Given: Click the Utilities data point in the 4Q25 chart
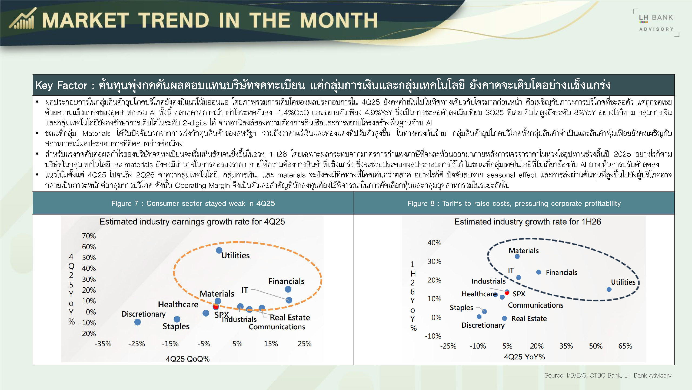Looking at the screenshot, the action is (x=219, y=250).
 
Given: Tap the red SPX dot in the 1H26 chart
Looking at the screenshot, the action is (x=507, y=292).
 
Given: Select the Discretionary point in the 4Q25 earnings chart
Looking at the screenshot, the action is (x=137, y=322).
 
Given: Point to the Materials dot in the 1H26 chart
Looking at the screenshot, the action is (x=517, y=256).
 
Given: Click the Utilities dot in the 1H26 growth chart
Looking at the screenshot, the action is (x=609, y=289).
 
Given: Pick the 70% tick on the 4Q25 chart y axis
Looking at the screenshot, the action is (x=89, y=236).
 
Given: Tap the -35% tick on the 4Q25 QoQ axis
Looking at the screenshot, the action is (x=103, y=344).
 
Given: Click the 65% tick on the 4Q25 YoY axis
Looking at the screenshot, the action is (x=625, y=346).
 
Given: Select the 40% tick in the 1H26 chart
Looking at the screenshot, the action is (x=434, y=243).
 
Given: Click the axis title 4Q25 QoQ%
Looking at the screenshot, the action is (x=188, y=359).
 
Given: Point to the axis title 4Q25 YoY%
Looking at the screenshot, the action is (x=524, y=357).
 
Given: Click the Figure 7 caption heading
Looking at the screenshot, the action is (x=193, y=203).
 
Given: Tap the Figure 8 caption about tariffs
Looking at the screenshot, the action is (x=514, y=203).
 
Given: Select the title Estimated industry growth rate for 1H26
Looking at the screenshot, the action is (x=528, y=222).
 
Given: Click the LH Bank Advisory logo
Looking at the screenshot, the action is (x=656, y=23).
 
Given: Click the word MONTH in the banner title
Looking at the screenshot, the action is (x=339, y=20).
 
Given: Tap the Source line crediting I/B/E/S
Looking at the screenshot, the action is (x=608, y=375).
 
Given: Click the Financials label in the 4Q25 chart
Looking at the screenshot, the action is (x=286, y=281).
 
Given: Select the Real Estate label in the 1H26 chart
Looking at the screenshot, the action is (x=529, y=318).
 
